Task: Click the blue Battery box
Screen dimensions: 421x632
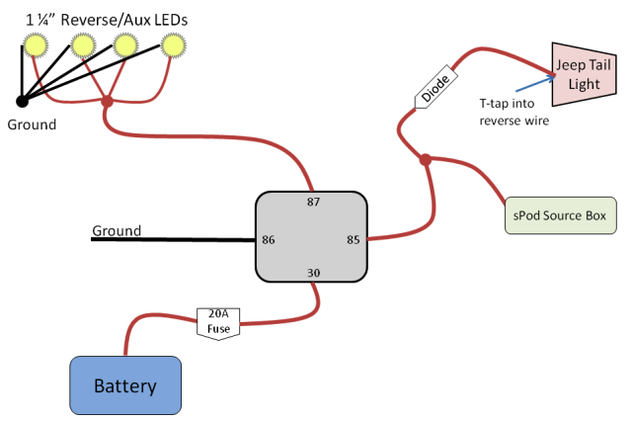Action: [125, 385]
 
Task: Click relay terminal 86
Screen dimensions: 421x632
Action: [268, 239]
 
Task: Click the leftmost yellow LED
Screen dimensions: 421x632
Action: [35, 45]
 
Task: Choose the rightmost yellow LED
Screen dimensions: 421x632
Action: [174, 45]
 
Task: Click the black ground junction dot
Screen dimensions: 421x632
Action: [21, 100]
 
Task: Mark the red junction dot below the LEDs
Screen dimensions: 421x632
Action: [108, 101]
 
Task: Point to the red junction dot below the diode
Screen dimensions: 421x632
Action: [426, 159]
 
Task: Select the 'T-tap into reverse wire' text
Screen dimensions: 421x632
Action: [513, 112]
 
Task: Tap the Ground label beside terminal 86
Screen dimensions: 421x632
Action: [117, 231]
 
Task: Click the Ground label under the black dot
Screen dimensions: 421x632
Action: [32, 125]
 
